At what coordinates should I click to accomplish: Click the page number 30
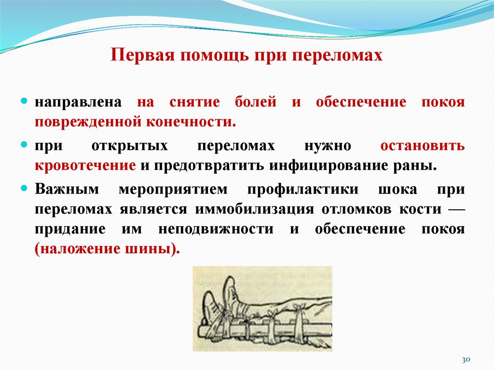[466, 360]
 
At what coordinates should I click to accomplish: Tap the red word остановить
[423, 146]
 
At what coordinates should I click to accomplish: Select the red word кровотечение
[85, 165]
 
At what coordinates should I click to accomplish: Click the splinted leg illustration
[262, 309]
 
